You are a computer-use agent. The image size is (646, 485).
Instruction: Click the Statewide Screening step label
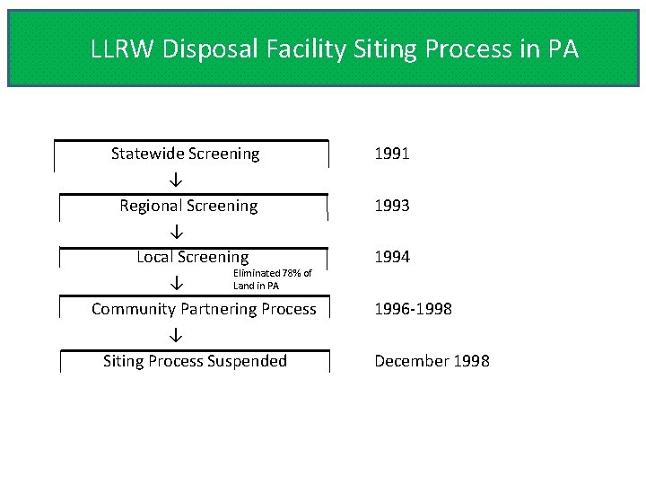(x=185, y=154)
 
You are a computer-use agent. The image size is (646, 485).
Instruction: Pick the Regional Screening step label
(x=188, y=206)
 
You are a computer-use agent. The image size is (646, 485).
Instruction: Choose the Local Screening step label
(x=192, y=257)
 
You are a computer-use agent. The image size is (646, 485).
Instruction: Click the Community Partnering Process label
(x=204, y=309)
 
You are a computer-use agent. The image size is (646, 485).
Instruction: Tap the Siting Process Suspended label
(x=195, y=361)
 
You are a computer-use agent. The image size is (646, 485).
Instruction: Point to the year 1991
(x=392, y=154)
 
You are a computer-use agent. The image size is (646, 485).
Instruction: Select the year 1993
(x=392, y=206)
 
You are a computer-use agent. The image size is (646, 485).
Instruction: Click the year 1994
(x=392, y=257)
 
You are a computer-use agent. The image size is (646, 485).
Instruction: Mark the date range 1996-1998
(x=413, y=309)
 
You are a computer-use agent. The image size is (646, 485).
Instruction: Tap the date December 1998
(x=432, y=361)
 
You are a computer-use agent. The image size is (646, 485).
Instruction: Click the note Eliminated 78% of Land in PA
(x=272, y=279)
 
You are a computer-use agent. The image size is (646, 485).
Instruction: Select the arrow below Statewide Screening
(x=177, y=180)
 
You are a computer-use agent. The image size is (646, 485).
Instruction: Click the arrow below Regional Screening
(x=177, y=232)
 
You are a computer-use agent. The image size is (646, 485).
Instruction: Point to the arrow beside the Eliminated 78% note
(x=177, y=283)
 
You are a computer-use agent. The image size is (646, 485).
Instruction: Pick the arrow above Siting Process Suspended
(x=177, y=335)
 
